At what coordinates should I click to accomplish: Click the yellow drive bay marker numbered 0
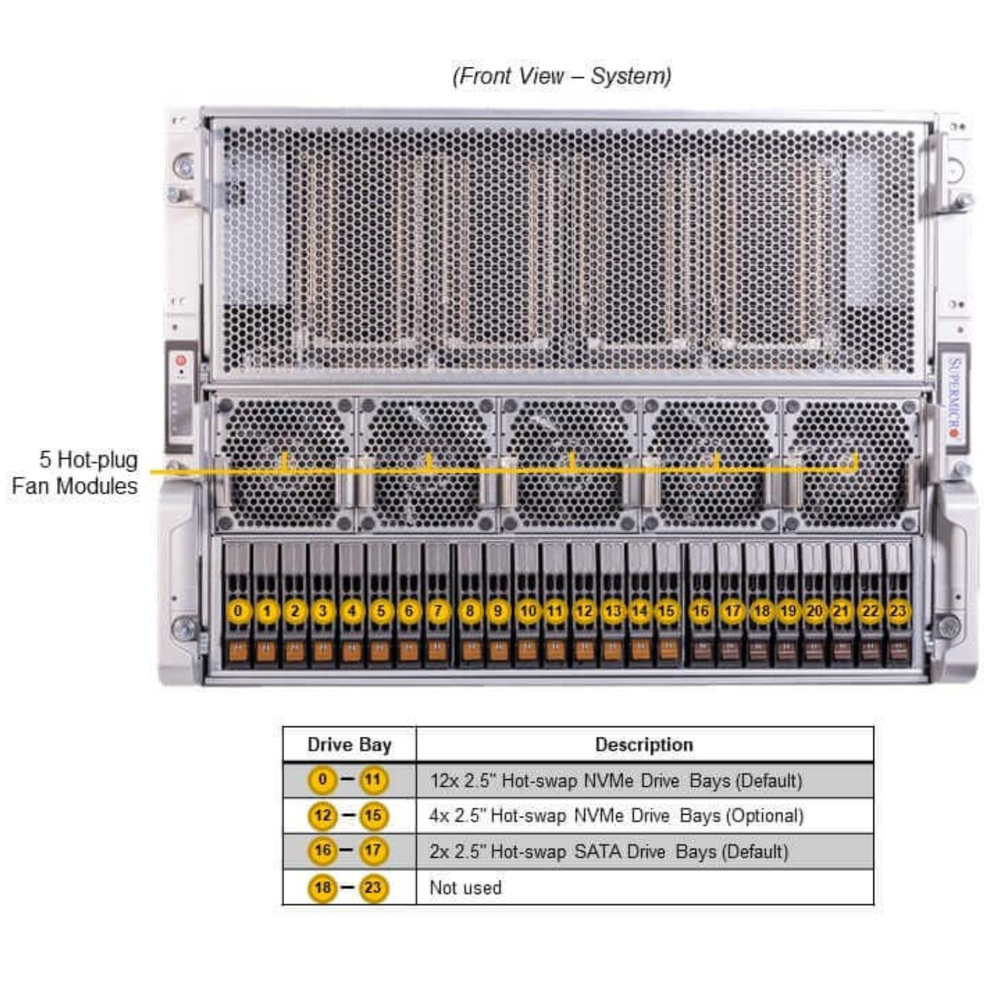coord(238,611)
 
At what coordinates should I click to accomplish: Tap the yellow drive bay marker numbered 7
coord(438,611)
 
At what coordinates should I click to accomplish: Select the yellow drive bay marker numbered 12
coord(584,611)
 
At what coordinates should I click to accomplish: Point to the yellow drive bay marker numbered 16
coord(701,611)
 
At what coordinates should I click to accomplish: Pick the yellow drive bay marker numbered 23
coord(898,611)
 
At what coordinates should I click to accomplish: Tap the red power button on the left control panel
coord(181,360)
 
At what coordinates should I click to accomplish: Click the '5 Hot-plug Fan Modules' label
coord(75,473)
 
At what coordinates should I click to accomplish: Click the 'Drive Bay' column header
coord(349,745)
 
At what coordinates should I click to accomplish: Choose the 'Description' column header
coord(644,745)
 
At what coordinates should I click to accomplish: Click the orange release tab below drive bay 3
coord(323,652)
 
